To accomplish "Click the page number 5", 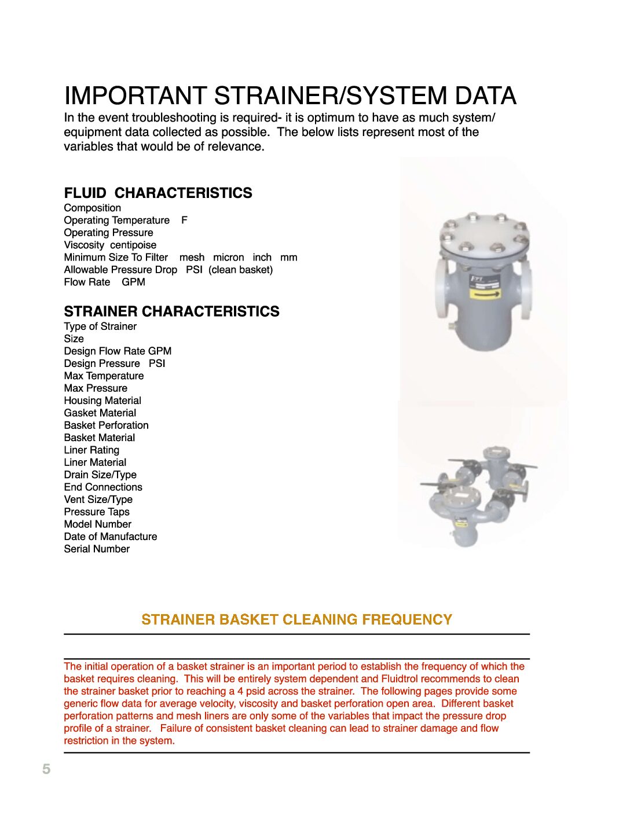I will [x=46, y=769].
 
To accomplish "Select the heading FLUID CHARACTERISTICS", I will [x=158, y=193].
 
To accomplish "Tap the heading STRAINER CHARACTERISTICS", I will [x=171, y=311].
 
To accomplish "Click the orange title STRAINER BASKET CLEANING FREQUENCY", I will [x=296, y=619].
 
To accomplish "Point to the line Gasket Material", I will [x=100, y=413].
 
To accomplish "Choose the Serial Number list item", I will [x=97, y=549].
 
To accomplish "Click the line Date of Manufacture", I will [x=111, y=537].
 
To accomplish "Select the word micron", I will [x=228, y=258].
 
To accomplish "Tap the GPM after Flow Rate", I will [x=133, y=282].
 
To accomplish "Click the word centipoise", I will [x=133, y=245].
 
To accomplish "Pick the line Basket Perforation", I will [x=107, y=425].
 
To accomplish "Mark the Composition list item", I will [x=93, y=208].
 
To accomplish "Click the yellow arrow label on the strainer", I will [x=485, y=294].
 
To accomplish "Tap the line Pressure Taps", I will [x=97, y=512].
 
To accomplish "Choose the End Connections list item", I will [x=103, y=487].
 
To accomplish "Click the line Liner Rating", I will [x=91, y=450].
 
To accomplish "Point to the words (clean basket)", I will [x=240, y=270].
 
